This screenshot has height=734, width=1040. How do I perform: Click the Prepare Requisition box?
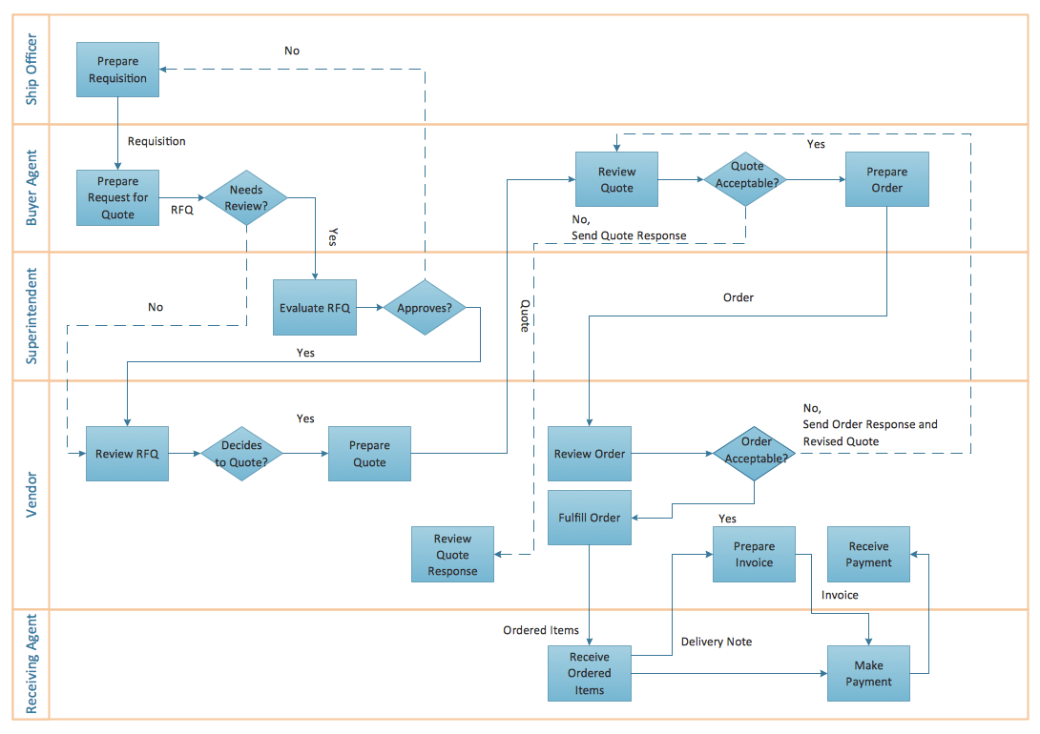click(x=117, y=70)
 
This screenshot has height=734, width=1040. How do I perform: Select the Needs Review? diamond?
click(x=246, y=198)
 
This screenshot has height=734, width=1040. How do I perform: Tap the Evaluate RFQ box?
click(x=315, y=308)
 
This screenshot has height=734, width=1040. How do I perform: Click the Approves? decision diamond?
click(x=425, y=308)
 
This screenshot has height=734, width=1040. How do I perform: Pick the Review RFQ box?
click(x=127, y=454)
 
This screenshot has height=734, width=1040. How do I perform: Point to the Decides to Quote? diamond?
click(x=241, y=454)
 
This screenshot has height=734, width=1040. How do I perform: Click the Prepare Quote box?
click(x=369, y=454)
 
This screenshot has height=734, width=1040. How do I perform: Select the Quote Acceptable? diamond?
click(x=747, y=179)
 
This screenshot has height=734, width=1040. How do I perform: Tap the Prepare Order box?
click(x=886, y=179)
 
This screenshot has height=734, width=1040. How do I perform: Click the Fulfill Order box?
click(x=589, y=518)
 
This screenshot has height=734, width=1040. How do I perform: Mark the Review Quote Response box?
click(x=452, y=555)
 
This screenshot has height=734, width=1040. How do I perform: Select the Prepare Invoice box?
click(x=754, y=555)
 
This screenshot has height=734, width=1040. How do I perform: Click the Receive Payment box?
click(x=868, y=555)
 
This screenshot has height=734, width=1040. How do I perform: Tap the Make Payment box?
click(x=868, y=674)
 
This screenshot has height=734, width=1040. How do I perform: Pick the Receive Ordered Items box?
click(x=589, y=674)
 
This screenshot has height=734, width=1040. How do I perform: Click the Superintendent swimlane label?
click(x=31, y=316)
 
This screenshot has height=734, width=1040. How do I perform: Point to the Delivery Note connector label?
click(x=716, y=642)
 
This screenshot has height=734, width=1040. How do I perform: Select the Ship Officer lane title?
click(x=31, y=69)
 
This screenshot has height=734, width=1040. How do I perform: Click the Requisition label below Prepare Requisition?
click(x=156, y=141)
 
